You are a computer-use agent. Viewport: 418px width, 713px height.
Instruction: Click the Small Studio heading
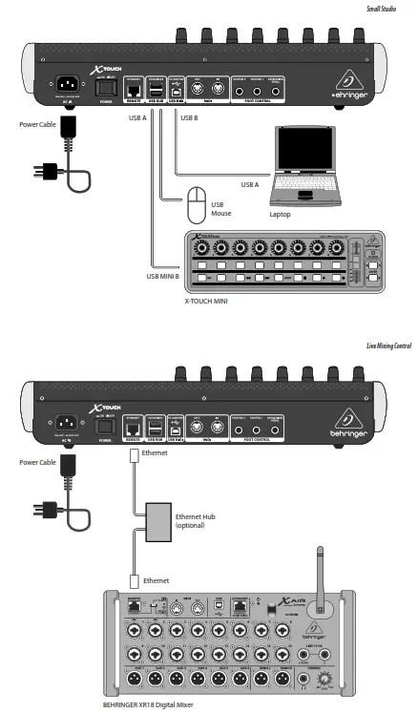tap(387, 9)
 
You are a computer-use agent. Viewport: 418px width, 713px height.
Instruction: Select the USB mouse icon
tap(197, 202)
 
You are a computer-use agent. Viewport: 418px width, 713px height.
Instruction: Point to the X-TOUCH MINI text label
tap(212, 301)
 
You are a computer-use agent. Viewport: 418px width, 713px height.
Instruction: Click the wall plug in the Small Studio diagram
tap(43, 174)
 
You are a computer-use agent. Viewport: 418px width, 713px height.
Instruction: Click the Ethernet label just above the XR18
tap(157, 579)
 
